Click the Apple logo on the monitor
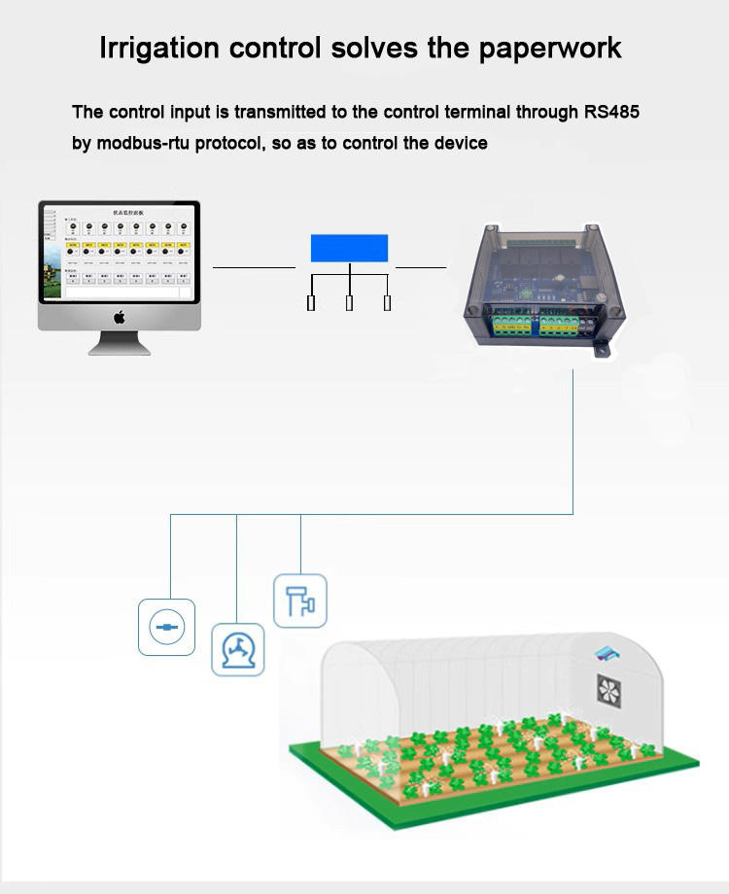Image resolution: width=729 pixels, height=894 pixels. [x=120, y=317]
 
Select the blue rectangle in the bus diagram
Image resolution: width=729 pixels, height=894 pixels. [x=349, y=248]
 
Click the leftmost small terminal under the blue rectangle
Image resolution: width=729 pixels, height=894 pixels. [x=311, y=303]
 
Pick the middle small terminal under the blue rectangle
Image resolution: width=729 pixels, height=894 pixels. [x=349, y=303]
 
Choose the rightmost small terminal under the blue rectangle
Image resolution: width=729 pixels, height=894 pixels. [x=387, y=303]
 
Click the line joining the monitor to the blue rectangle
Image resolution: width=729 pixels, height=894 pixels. [x=254, y=266]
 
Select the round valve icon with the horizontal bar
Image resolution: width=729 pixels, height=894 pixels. [x=166, y=627]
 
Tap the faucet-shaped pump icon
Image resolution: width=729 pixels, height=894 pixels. [x=238, y=649]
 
